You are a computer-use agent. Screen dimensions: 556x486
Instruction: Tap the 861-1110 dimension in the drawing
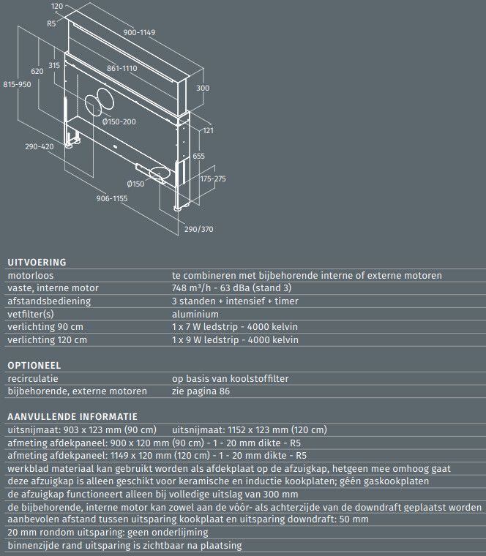point(122,68)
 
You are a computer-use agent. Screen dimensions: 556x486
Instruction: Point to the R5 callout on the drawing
point(51,23)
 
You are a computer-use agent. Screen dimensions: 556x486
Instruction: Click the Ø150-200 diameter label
point(119,121)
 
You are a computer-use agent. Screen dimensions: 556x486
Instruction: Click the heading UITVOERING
point(37,262)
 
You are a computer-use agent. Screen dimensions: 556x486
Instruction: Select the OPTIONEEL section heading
point(34,365)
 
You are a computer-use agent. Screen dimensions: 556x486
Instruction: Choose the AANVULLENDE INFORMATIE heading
point(72,416)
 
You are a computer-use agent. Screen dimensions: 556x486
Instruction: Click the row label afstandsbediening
point(49,301)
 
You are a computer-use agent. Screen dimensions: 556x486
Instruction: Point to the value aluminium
point(195,314)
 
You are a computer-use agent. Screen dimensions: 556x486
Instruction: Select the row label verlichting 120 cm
point(47,339)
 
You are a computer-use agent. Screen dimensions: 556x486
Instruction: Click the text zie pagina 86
point(200,391)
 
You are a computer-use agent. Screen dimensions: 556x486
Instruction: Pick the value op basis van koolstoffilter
point(230,378)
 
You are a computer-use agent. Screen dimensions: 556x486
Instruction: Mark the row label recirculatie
point(33,378)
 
